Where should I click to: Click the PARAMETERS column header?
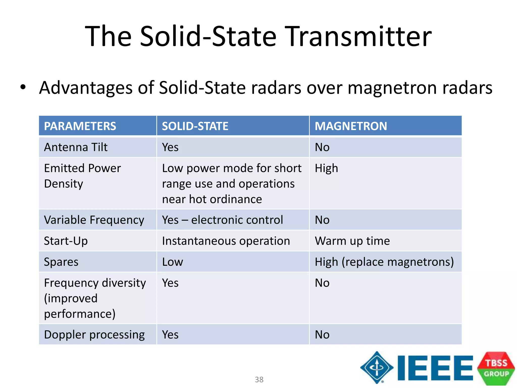80,126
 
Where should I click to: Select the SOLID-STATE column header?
195,126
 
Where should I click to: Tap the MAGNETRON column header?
351,126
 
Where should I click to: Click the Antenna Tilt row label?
76,147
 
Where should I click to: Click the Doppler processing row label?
94,335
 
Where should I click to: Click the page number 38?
259,379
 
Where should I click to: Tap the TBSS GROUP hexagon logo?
496,368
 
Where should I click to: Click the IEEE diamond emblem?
377,367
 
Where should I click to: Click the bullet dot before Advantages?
23,87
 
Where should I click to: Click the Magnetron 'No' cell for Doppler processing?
322,335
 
